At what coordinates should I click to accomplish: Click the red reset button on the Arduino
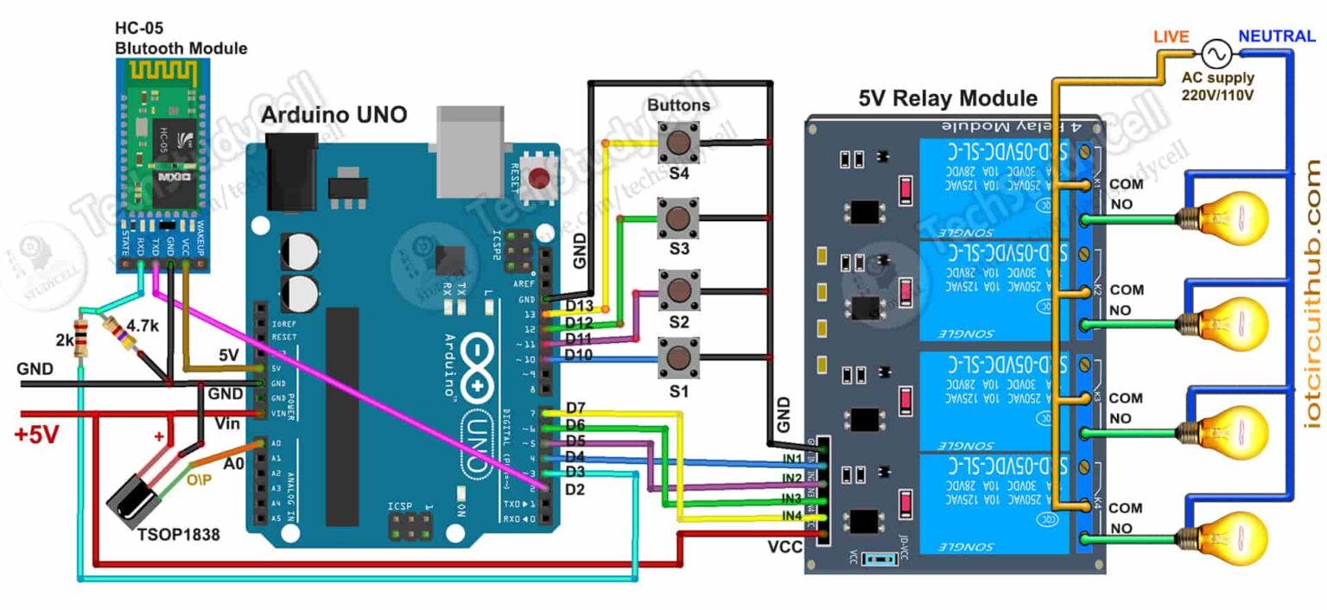(x=540, y=179)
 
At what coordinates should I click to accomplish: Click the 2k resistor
(x=83, y=338)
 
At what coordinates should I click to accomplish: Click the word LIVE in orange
(x=1171, y=36)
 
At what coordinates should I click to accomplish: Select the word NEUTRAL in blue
(x=1277, y=36)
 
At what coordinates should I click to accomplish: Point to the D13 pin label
(x=580, y=307)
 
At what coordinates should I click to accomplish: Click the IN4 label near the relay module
(x=791, y=516)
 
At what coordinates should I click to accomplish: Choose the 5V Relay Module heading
(x=948, y=98)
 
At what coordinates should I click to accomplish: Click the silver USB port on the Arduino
(x=470, y=149)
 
